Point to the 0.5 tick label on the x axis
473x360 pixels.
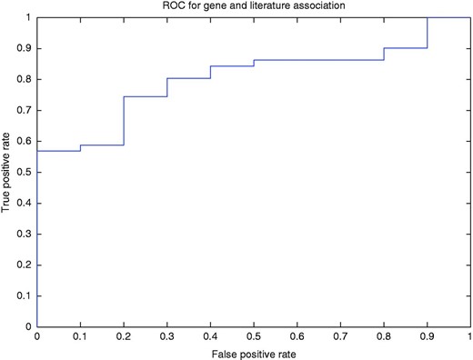253,336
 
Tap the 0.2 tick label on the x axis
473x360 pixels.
123,336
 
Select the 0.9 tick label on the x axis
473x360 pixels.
427,336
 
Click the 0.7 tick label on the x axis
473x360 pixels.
340,336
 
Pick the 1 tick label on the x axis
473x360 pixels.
469,336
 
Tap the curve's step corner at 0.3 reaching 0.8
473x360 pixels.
167,78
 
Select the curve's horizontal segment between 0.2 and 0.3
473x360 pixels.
146,96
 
